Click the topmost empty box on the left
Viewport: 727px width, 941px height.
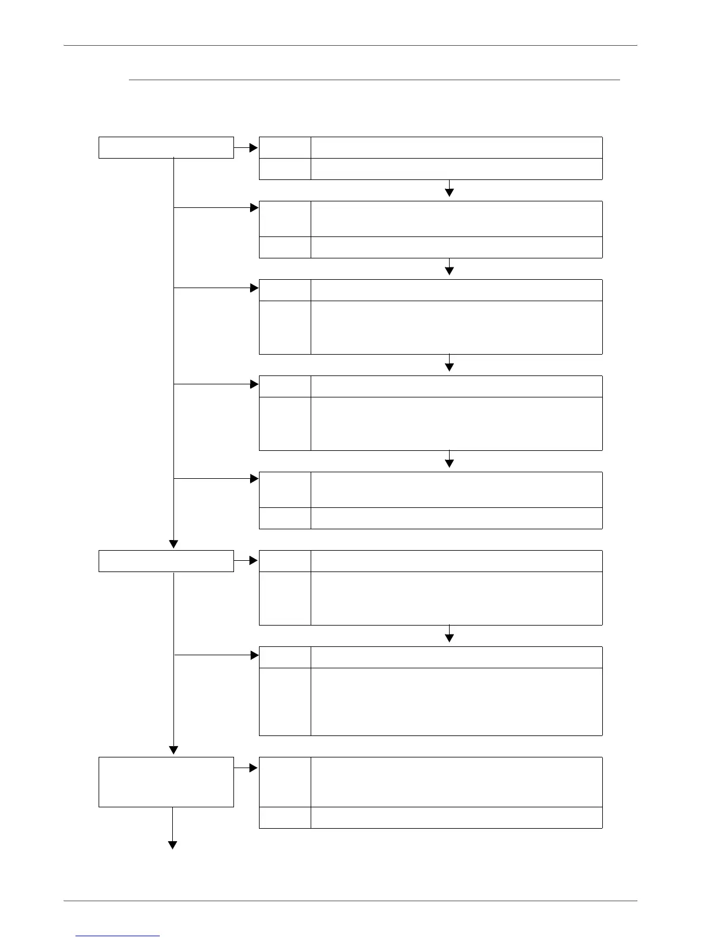166,147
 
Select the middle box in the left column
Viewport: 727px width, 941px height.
166,561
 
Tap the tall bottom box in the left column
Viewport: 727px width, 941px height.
166,781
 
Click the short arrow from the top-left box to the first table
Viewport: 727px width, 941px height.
246,147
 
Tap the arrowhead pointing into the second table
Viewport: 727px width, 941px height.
255,208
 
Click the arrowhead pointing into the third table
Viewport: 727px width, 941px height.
255,288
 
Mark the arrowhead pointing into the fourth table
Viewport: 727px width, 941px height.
255,384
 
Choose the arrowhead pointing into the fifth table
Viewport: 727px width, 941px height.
255,478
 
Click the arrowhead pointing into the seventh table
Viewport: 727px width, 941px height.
255,655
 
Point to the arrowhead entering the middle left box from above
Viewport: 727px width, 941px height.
173,544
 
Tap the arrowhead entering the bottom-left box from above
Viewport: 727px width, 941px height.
173,750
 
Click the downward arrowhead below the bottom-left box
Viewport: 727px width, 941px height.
173,845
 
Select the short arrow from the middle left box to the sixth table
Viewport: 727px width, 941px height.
246,560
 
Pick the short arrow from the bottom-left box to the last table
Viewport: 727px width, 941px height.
246,768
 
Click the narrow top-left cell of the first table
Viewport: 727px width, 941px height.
285,147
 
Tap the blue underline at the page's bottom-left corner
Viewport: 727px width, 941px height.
118,936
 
